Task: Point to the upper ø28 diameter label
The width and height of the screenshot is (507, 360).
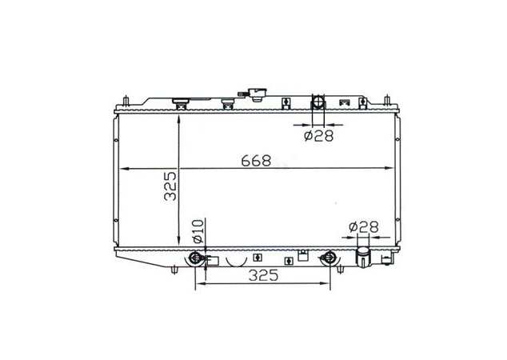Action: (318, 135)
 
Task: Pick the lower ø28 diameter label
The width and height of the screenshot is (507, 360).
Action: (363, 228)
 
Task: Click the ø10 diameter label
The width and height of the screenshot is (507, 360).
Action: (198, 231)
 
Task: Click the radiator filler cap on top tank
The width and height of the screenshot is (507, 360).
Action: (257, 94)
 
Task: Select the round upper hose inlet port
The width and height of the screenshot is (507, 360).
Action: (317, 103)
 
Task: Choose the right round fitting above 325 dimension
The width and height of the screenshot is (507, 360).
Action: (329, 258)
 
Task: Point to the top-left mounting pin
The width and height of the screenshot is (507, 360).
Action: (127, 102)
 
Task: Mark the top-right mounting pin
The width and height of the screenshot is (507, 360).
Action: (388, 102)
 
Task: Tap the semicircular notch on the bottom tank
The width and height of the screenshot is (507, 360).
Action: (235, 260)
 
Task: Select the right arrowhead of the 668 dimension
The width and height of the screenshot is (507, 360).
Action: (394, 168)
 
